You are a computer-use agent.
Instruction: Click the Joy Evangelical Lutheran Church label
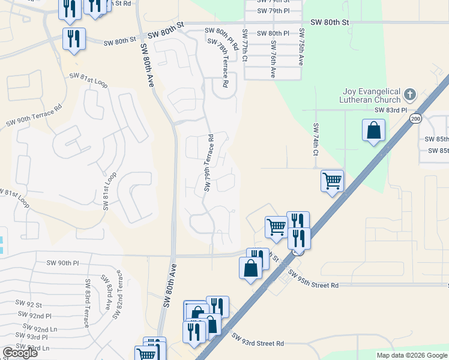pos(370,96)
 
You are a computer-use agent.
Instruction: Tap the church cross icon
pos(410,94)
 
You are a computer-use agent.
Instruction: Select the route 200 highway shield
pos(416,119)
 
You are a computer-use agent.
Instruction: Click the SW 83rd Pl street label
pos(390,110)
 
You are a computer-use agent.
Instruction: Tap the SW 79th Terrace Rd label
pos(209,162)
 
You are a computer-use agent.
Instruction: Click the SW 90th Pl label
pos(63,263)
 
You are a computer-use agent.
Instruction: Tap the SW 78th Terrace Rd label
pos(217,64)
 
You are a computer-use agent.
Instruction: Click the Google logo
pos(20,353)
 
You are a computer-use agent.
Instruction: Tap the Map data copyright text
pos(412,355)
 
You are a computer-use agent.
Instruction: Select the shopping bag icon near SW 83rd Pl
pos(373,130)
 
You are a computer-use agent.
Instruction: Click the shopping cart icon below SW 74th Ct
pos(332,180)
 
